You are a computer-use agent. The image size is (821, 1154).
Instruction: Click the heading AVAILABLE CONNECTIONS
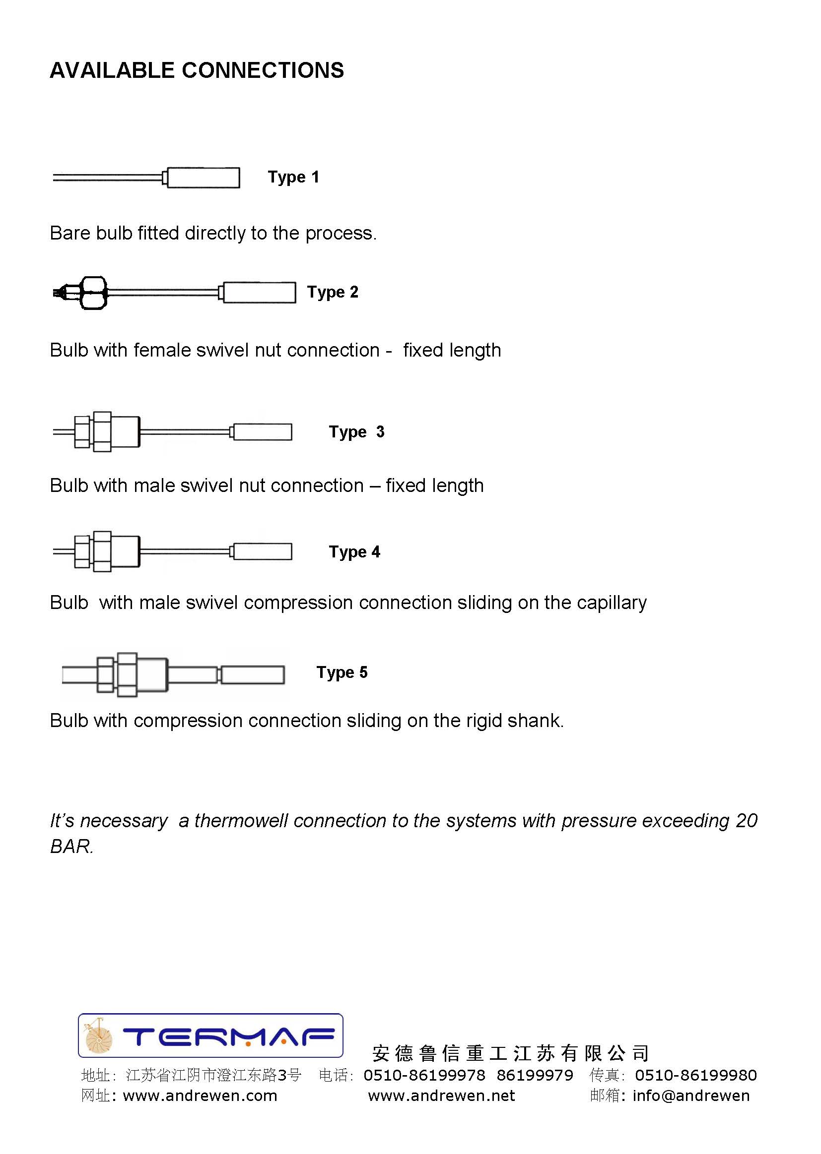click(197, 70)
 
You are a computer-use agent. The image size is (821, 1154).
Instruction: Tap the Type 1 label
click(293, 177)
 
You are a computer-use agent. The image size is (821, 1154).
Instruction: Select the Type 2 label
click(333, 292)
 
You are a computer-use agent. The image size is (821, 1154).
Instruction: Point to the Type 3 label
click(356, 432)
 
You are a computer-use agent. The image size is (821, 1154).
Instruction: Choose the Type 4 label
click(354, 551)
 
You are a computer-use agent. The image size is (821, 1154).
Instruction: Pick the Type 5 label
click(342, 672)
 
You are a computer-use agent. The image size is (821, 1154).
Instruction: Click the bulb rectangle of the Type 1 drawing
click(203, 178)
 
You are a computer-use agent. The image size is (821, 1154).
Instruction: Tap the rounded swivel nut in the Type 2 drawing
click(94, 293)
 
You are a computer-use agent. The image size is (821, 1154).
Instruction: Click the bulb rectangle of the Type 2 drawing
click(259, 293)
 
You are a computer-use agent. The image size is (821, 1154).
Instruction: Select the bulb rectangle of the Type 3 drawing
click(263, 432)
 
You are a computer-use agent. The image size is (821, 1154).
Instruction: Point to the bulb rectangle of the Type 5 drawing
click(253, 675)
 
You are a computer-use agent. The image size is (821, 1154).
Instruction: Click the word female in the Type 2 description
click(155, 350)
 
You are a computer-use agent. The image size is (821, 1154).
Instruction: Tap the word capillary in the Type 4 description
click(611, 603)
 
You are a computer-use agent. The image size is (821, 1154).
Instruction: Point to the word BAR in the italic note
click(71, 847)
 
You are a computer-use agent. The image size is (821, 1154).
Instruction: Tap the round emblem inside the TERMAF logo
click(99, 1037)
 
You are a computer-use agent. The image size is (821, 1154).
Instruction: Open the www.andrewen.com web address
click(200, 1095)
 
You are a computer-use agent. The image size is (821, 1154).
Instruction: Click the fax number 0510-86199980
click(695, 1075)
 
